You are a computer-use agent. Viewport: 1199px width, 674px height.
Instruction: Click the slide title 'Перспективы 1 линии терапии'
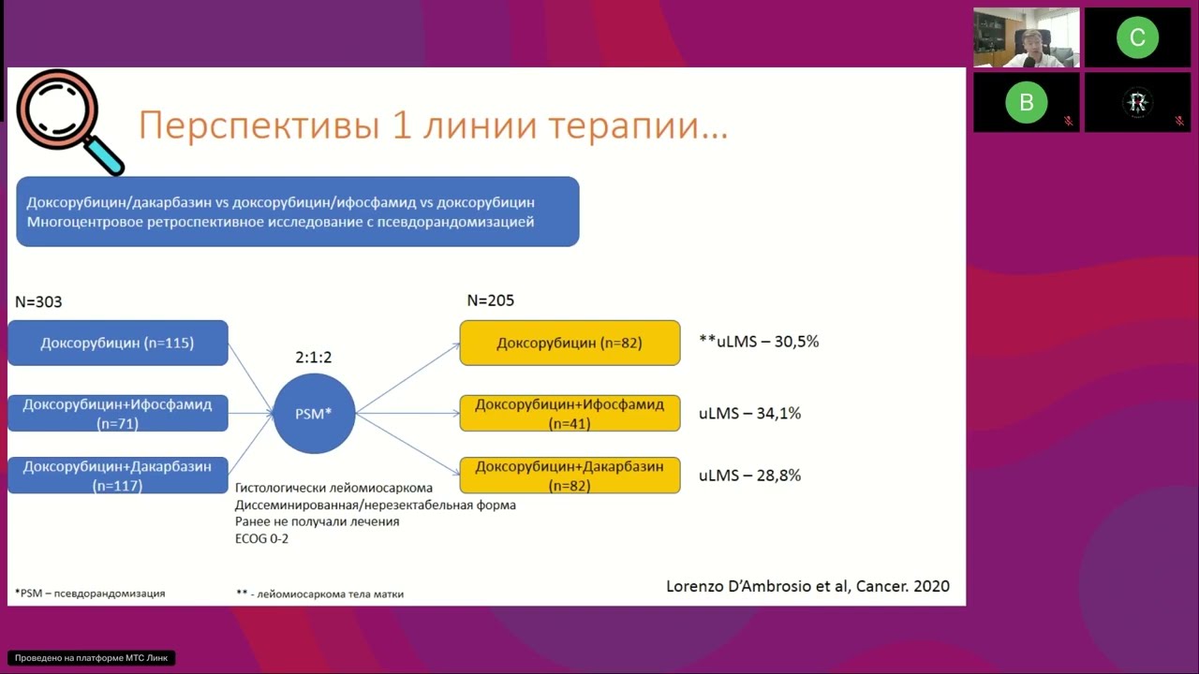(433, 125)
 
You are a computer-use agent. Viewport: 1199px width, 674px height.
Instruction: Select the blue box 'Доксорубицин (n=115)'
(117, 343)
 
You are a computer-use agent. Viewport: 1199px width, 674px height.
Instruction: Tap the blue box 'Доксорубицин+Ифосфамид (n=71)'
(117, 414)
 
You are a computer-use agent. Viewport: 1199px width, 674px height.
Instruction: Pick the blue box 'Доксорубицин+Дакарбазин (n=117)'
(117, 476)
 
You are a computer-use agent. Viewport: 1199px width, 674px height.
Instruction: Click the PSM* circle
(314, 413)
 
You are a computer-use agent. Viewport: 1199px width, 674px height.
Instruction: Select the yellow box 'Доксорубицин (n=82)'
(570, 343)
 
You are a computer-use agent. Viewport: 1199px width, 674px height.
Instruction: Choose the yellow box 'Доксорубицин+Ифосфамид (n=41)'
(570, 413)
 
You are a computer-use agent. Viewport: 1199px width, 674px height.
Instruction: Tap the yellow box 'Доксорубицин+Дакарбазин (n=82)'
(570, 476)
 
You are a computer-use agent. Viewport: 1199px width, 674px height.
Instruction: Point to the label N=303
(38, 302)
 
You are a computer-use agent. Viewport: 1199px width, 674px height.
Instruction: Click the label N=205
(490, 300)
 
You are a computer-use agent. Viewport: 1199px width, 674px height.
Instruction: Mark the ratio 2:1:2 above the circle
(314, 358)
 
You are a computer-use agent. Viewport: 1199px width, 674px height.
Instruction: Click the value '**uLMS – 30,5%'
(759, 342)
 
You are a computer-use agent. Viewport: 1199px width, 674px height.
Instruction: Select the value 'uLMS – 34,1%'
(749, 413)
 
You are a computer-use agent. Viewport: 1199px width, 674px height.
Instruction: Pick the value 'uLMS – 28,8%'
(749, 476)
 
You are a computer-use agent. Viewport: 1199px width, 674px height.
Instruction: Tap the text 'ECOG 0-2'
(261, 538)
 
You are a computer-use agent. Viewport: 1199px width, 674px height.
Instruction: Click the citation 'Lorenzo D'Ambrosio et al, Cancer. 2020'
(807, 586)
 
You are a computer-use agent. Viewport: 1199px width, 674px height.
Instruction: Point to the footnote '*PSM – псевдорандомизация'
(90, 593)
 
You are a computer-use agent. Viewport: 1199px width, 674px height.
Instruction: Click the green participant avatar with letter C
(1137, 37)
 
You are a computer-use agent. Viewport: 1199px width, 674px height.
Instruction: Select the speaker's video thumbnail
(1026, 37)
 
